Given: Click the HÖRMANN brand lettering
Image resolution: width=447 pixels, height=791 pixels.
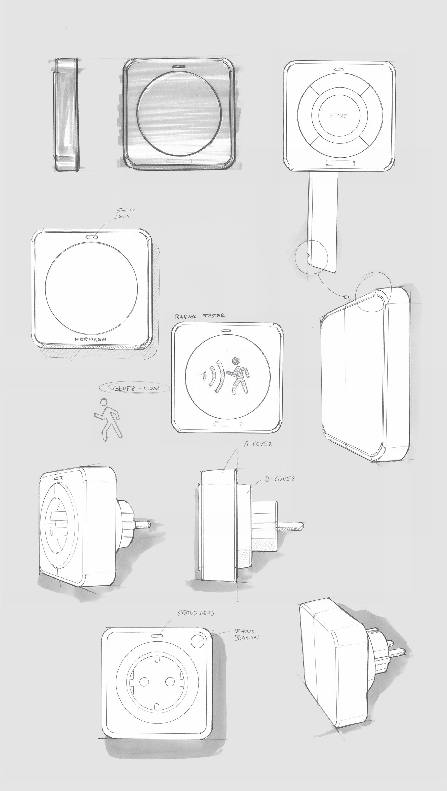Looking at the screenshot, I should click(x=90, y=340).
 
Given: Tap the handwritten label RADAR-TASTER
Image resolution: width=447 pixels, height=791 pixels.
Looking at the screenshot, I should click(x=200, y=316).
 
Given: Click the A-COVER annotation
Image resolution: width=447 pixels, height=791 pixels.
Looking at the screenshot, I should click(x=258, y=444).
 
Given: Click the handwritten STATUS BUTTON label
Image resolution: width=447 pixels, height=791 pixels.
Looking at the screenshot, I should click(x=246, y=635).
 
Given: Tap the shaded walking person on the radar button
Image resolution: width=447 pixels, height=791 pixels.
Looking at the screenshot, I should click(x=238, y=376).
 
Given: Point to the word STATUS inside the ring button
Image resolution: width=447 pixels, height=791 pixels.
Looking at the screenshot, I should click(x=339, y=116).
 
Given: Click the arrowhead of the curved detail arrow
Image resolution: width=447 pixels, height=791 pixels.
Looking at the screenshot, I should click(x=347, y=297).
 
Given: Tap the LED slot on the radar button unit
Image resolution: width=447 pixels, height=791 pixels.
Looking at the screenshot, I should click(x=227, y=331).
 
